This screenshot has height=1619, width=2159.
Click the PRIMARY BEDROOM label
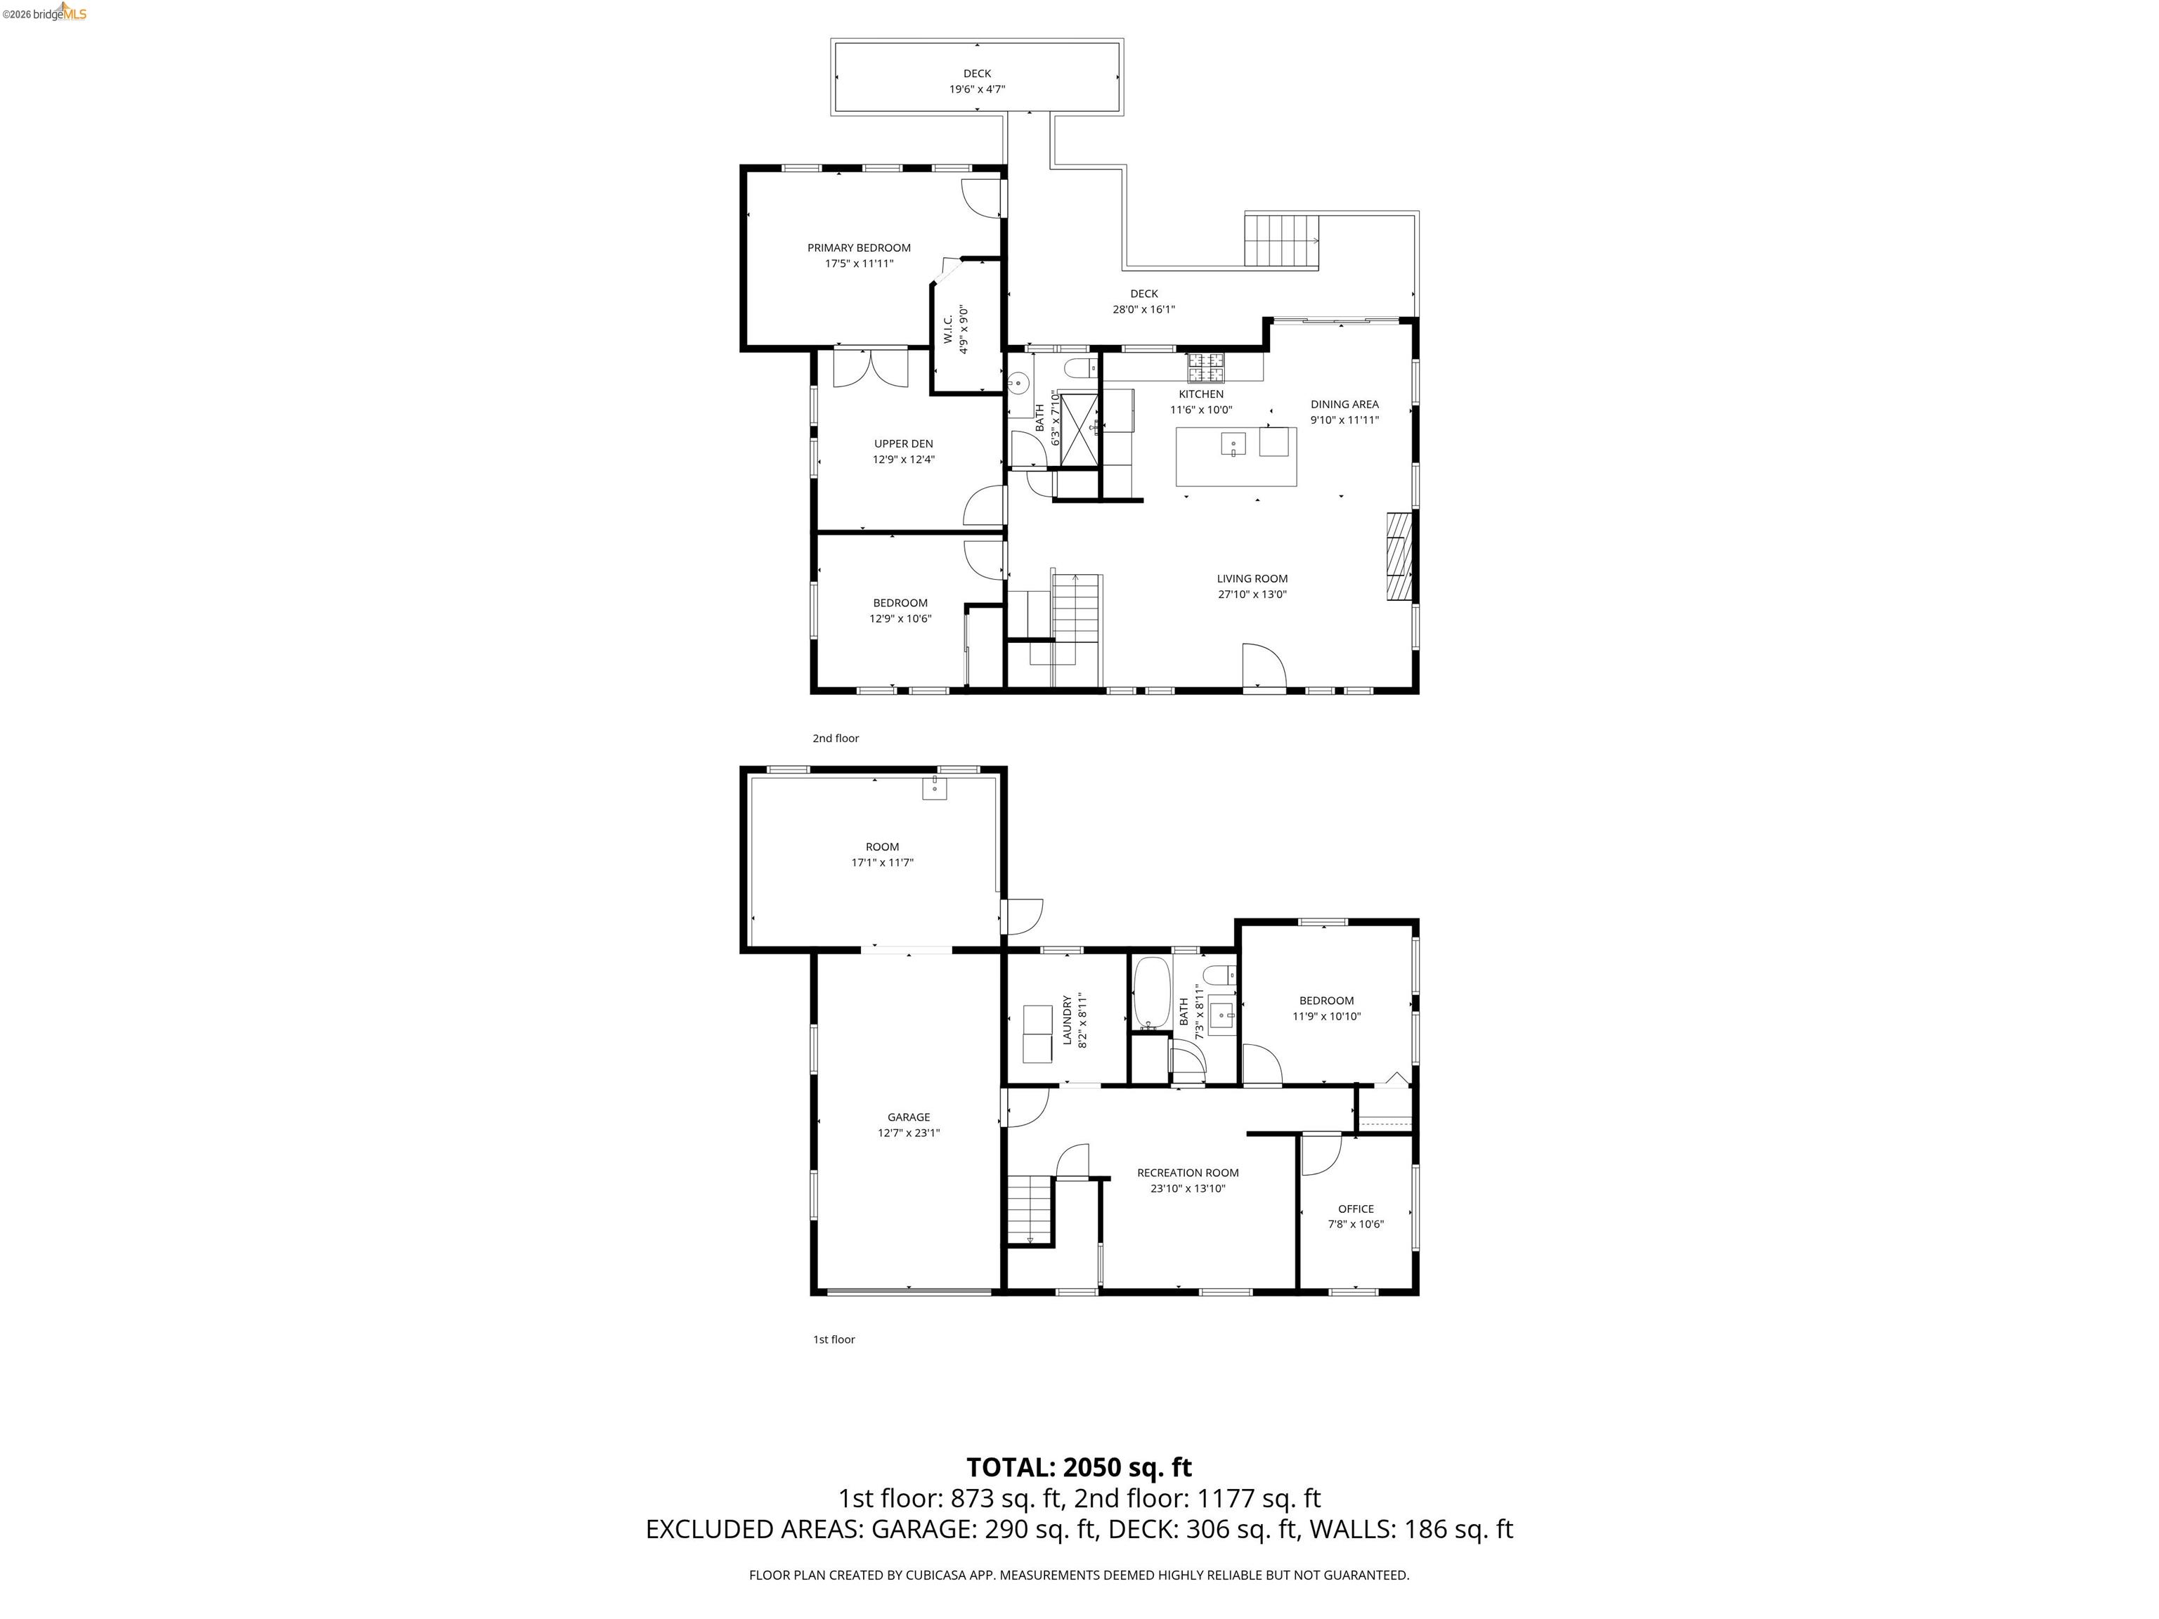858,248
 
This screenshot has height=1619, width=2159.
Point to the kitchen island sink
1233,445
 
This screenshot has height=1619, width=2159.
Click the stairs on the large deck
1281,240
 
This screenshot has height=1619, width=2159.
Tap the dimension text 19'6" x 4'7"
977,89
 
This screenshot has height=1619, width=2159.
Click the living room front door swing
1263,667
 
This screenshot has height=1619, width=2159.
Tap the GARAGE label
908,1117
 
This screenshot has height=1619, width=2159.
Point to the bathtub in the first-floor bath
1152,992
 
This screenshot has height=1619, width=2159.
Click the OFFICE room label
1356,1208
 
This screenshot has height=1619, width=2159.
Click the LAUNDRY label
1068,1020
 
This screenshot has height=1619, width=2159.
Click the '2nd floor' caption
836,738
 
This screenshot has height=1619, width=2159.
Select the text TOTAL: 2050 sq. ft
1079,1467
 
